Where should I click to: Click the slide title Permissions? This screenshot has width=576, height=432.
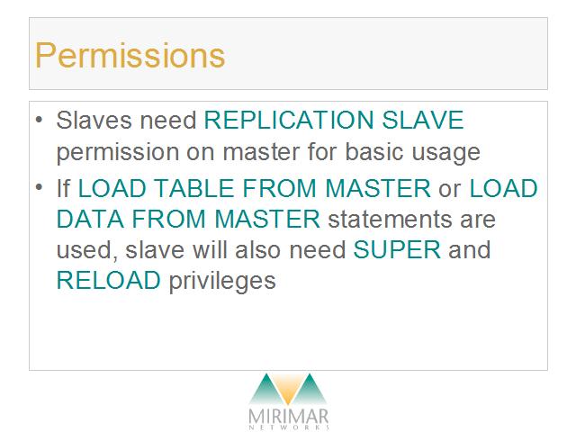130,56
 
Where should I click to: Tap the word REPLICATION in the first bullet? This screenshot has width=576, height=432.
289,120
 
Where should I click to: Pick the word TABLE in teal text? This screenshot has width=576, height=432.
193,188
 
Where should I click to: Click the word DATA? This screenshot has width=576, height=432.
90,219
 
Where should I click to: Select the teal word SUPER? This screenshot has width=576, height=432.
397,249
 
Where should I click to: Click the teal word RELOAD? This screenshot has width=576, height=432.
108,280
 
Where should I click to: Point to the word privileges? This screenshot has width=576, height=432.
222,282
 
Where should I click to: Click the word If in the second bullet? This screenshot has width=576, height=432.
63,188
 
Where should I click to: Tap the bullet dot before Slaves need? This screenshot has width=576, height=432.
40,120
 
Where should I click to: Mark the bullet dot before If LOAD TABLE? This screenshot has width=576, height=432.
40,187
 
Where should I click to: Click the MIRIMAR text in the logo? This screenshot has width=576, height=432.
288,417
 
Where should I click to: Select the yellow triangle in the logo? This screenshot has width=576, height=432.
288,389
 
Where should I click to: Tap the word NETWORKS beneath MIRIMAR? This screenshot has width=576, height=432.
289,427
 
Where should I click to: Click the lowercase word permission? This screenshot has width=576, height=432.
117,153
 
